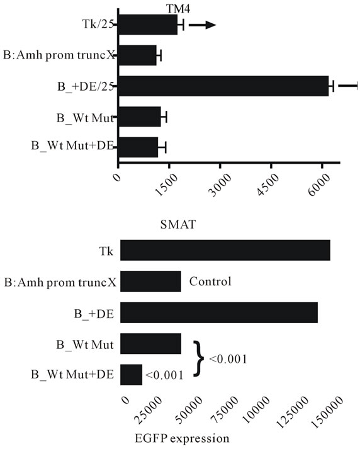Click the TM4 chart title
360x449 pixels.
pyautogui.click(x=178, y=9)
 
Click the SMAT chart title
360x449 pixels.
pyautogui.click(x=178, y=224)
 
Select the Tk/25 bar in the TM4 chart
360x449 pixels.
pyautogui.click(x=148, y=25)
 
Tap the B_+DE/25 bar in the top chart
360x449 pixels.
pyautogui.click(x=223, y=86)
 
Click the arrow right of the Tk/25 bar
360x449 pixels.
pyautogui.click(x=202, y=25)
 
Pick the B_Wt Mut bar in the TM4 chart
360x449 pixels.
pyautogui.click(x=140, y=117)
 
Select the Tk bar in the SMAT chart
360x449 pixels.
pyautogui.click(x=225, y=250)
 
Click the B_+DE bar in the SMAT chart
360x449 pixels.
pyautogui.click(x=219, y=312)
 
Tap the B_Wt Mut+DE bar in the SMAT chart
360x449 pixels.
pyautogui.click(x=131, y=375)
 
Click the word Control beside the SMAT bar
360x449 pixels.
pyautogui.click(x=210, y=281)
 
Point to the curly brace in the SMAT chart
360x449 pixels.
pyautogui.click(x=199, y=358)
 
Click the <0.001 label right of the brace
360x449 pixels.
pyautogui.click(x=228, y=359)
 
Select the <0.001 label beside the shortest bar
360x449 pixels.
pyautogui.click(x=164, y=375)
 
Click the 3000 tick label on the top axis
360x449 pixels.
pyautogui.click(x=220, y=185)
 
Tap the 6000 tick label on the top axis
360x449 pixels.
pyautogui.click(x=319, y=185)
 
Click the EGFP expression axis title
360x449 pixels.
pyautogui.click(x=182, y=438)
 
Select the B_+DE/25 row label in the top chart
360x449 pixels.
pyautogui.click(x=86, y=86)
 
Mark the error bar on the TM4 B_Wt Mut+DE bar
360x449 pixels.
pyautogui.click(x=162, y=147)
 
